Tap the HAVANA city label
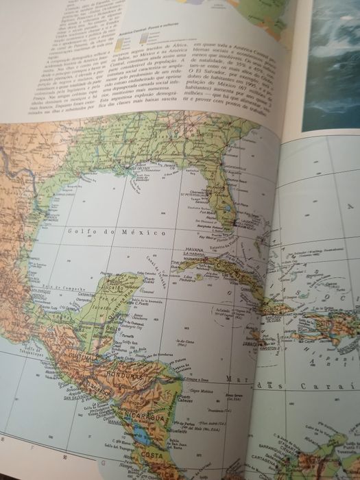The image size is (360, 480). [193, 250]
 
